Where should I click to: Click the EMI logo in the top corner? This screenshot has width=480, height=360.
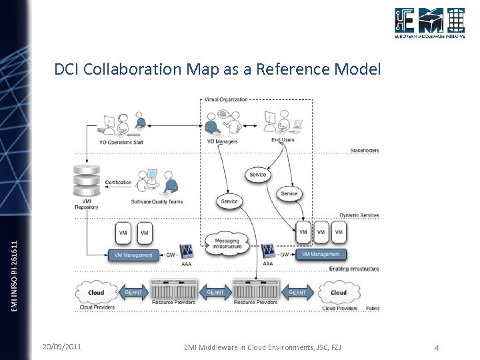coord(429,23)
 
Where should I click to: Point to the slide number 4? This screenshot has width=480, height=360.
coord(436,347)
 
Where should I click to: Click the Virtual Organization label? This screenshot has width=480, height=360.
coord(226,99)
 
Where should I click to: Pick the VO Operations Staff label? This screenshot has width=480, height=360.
coord(121,141)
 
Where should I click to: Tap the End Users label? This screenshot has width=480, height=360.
coord(283,140)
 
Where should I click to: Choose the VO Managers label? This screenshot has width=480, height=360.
coord(222,141)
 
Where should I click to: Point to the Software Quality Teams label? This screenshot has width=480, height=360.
coord(157,201)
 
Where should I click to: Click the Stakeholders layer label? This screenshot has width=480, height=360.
coord(364,151)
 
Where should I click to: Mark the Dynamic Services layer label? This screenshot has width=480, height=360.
coord(359,215)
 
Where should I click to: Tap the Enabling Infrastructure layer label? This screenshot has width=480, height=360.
coord(353,269)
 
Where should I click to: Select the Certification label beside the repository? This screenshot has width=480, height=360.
coord(118,182)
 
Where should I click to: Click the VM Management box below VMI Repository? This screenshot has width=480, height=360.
coord(133,255)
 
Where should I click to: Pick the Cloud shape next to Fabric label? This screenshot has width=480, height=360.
coord(339,292)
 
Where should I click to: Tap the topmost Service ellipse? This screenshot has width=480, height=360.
coord(257,175)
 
